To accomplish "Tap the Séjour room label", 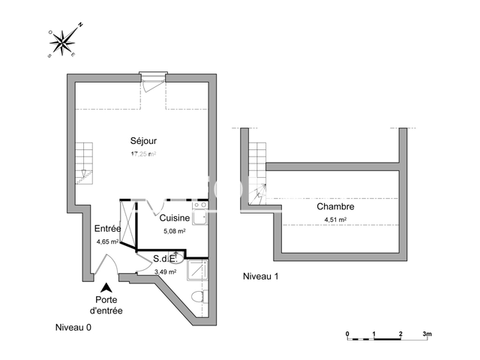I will point(142,141).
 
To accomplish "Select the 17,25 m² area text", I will point(142,154).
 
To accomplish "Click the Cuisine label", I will point(174,217).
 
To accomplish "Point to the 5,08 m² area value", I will point(174,231).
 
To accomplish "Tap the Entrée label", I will point(107,229).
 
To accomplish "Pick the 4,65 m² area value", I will point(107,242).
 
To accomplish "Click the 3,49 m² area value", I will point(165,272).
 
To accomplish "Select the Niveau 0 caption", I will point(73,328).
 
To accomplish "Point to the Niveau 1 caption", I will point(260,277).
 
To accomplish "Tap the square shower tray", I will point(196,271).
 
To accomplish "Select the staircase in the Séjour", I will point(82,163).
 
